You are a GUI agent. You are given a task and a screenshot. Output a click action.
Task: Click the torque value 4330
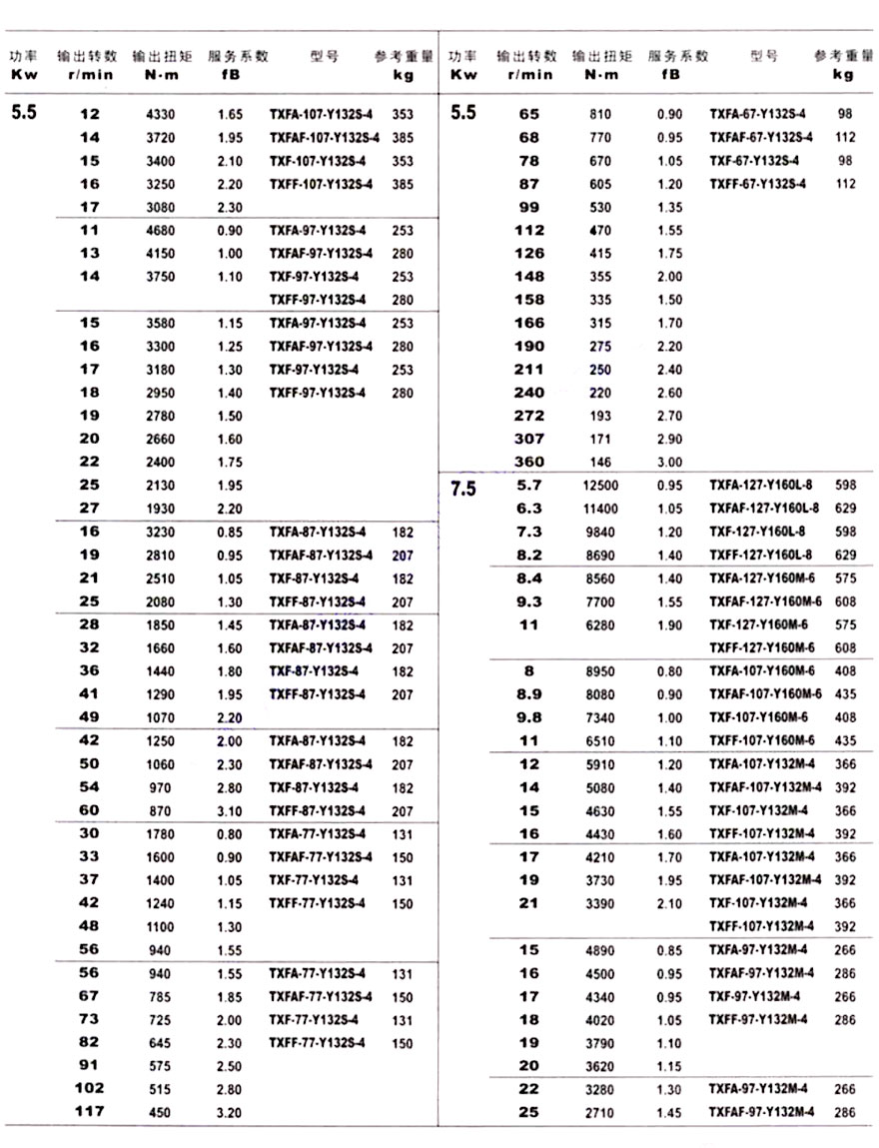pyautogui.click(x=160, y=115)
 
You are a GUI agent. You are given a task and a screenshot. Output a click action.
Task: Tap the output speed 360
pyautogui.click(x=529, y=462)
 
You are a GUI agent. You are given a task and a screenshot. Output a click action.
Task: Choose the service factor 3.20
pyautogui.click(x=229, y=1112)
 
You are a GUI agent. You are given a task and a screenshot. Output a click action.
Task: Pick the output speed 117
pyautogui.click(x=89, y=1111)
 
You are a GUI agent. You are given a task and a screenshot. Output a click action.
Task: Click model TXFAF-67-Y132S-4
pyautogui.click(x=761, y=138)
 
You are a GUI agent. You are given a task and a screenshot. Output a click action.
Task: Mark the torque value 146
pyautogui.click(x=600, y=463)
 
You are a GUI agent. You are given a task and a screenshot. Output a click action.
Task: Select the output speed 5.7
pyautogui.click(x=529, y=486)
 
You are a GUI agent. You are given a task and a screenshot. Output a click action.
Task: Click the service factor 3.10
pyautogui.click(x=229, y=810)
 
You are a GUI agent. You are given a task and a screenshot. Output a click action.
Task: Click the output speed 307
pyautogui.click(x=529, y=439)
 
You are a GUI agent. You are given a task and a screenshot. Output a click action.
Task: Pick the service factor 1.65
pyautogui.click(x=229, y=115)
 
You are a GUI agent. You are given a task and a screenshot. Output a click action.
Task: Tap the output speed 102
pyautogui.click(x=89, y=1088)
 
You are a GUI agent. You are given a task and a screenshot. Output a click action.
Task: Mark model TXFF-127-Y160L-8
pyautogui.click(x=761, y=556)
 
